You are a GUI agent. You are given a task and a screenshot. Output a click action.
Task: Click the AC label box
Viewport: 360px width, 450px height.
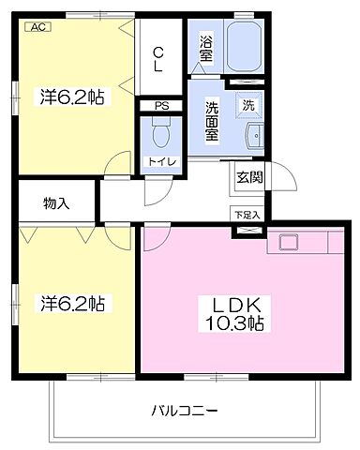[x=37, y=27]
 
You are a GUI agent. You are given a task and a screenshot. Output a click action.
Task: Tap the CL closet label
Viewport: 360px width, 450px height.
[x=158, y=59]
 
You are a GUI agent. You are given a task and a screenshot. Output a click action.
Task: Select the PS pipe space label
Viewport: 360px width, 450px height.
[x=161, y=106]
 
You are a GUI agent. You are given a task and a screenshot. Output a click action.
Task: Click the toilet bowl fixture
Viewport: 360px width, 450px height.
[x=161, y=132]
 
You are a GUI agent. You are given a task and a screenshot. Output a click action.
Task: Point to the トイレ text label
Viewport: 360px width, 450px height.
[x=162, y=161]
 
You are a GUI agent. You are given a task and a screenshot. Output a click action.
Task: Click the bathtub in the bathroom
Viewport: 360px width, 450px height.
[x=244, y=47]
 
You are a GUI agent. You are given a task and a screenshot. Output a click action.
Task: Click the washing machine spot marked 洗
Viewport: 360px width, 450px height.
[x=248, y=106]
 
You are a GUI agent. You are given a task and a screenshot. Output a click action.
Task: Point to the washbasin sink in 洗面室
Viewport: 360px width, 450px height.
[x=255, y=136]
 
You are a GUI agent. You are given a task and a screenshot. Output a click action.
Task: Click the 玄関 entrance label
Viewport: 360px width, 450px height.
[x=249, y=177]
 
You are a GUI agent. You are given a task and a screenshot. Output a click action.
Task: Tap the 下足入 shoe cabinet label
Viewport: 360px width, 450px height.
[x=247, y=215]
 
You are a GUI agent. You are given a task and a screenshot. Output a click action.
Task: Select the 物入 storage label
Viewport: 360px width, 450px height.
[x=56, y=203]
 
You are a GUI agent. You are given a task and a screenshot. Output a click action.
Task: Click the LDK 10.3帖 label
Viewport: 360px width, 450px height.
[x=234, y=314]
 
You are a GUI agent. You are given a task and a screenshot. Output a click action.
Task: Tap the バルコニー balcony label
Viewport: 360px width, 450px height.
[x=185, y=411]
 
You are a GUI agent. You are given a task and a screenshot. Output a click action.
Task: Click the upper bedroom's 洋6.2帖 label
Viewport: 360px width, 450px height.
[x=71, y=97]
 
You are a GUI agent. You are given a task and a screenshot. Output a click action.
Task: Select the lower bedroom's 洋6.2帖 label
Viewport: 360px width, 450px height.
[x=72, y=303]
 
